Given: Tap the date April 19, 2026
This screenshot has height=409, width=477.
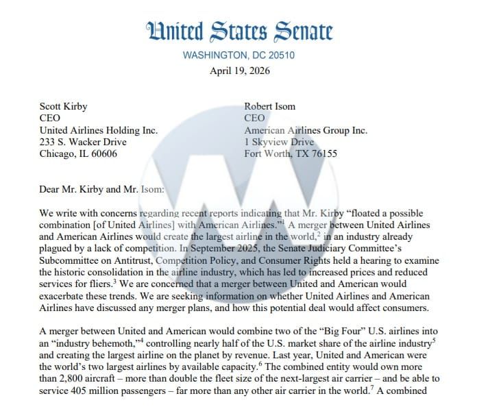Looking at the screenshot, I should tap(238, 70).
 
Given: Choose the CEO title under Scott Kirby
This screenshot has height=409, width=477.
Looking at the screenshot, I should tap(50, 118).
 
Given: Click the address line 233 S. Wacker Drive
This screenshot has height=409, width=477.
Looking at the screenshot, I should tap(83, 142).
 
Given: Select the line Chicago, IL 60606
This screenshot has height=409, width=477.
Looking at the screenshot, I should tap(78, 153).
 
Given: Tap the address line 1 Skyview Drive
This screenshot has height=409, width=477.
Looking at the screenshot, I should tap(279, 142).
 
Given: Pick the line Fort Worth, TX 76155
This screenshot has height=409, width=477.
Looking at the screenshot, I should tap(291, 153).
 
